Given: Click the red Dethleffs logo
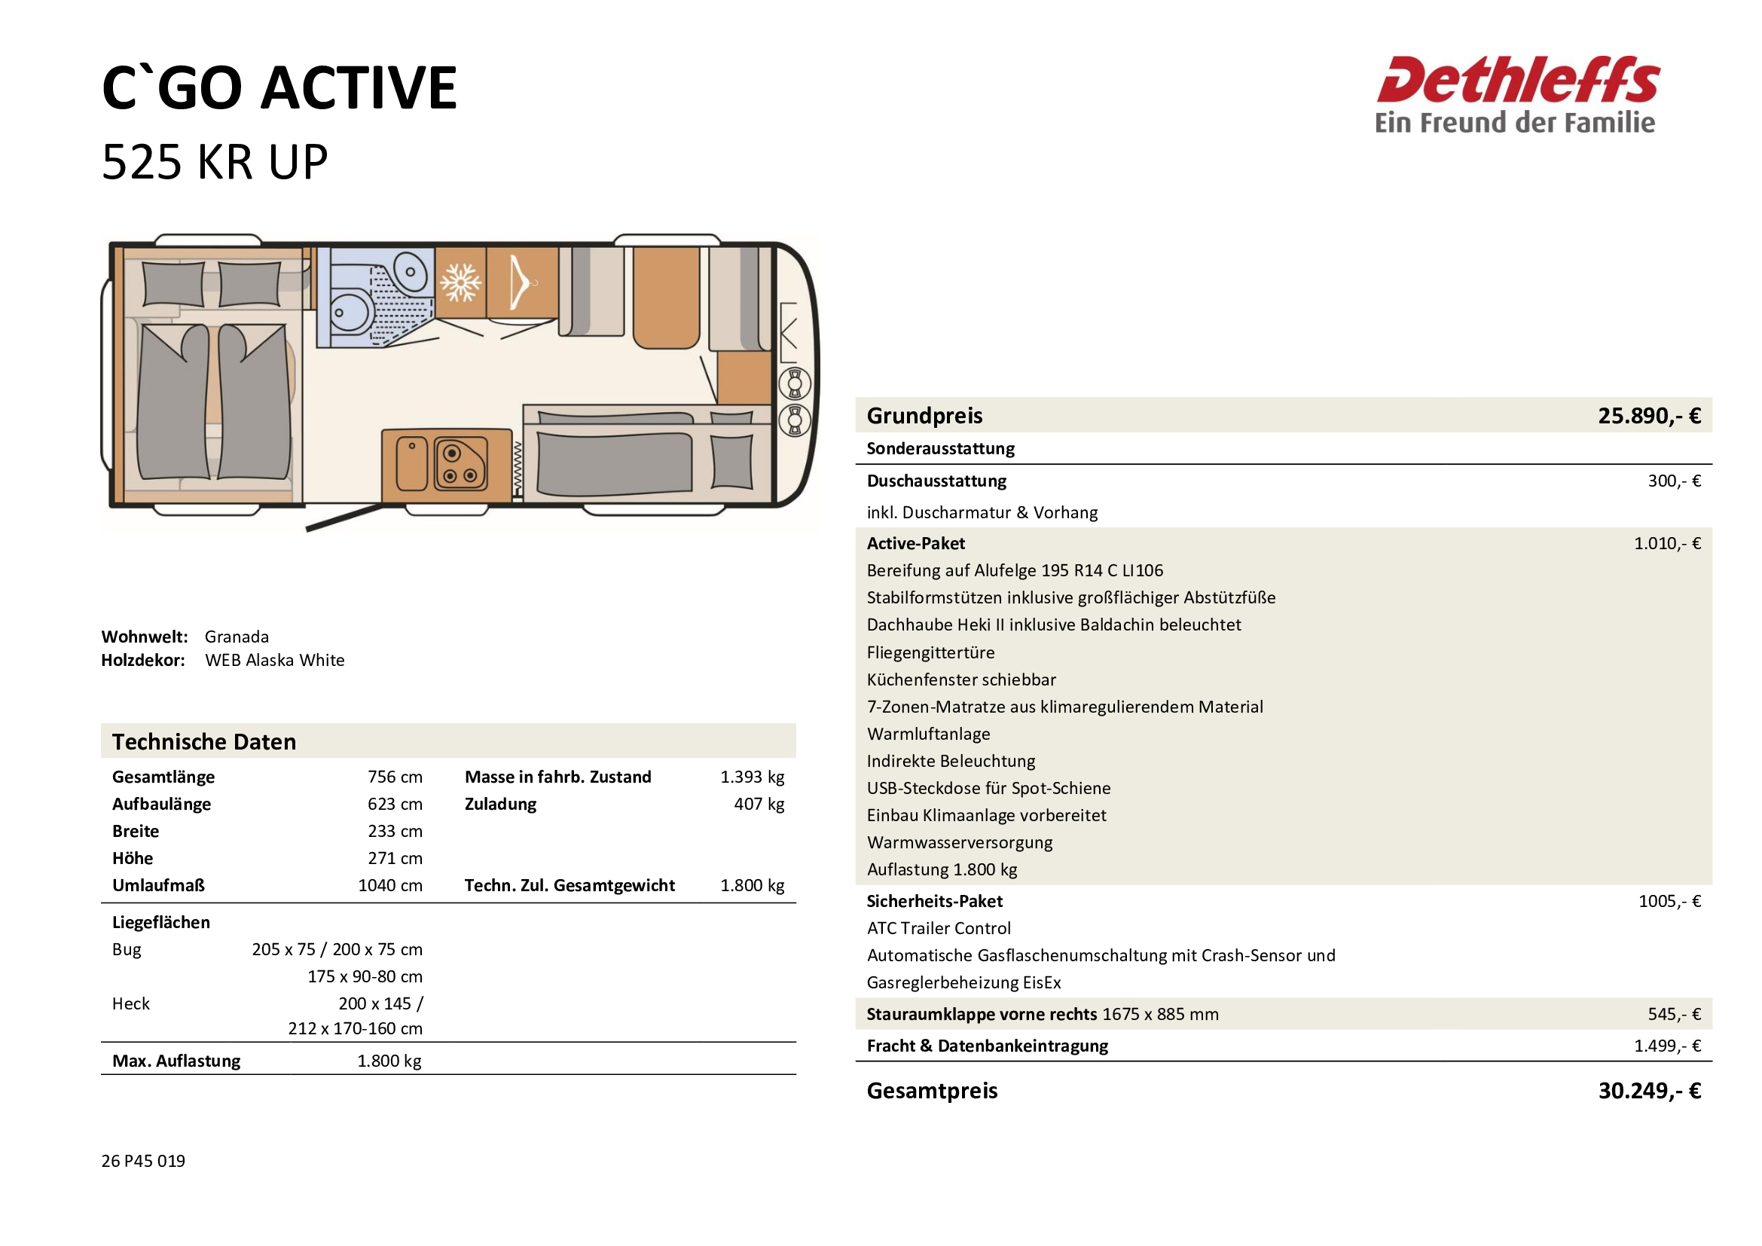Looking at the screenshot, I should [1516, 81].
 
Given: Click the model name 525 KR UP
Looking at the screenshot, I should [215, 163].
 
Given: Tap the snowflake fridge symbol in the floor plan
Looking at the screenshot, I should [460, 282].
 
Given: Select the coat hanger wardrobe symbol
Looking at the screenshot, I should [521, 282].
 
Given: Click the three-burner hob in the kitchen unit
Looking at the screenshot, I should [460, 464].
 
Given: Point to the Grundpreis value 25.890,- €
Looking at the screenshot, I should [1648, 416].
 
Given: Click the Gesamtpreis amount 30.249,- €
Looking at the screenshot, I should [1648, 1090].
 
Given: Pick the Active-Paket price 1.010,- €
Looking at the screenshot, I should [1666, 543].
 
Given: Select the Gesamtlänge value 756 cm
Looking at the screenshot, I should [395, 777].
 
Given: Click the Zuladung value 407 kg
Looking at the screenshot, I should [759, 804].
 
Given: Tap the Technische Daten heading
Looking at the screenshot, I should [204, 742].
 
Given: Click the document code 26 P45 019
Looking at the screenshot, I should [144, 1161].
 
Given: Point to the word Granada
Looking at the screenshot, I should [237, 637].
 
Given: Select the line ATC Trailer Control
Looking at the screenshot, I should [939, 928].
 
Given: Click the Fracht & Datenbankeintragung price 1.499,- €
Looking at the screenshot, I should [1666, 1046].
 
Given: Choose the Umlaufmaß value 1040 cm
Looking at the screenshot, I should [390, 885].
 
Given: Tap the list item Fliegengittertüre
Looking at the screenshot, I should [930, 652].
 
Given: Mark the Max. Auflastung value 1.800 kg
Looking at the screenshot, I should [389, 1061].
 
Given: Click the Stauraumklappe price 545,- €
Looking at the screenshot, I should [1673, 1014].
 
